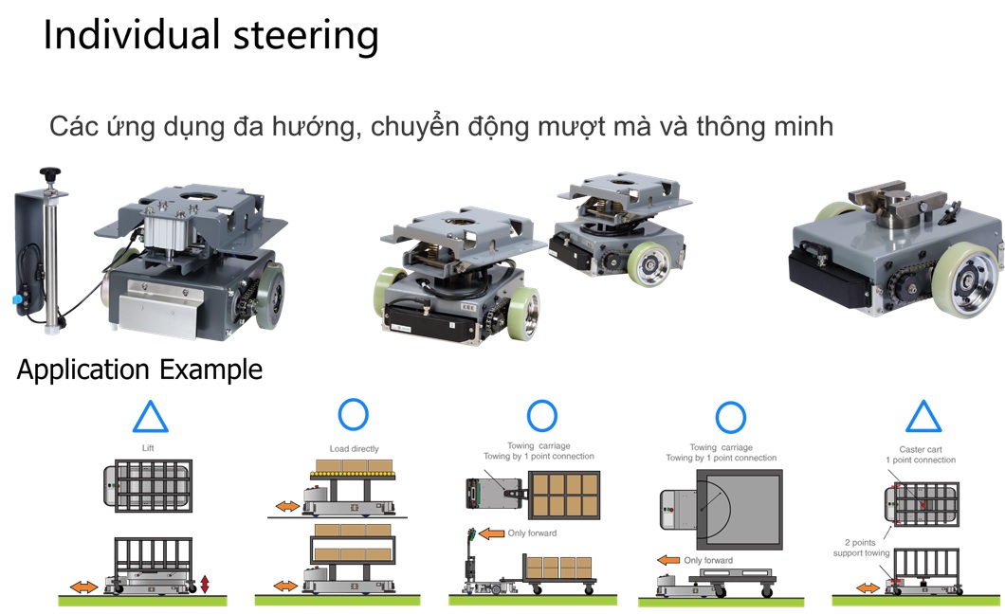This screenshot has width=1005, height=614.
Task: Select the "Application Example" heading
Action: tap(139, 369)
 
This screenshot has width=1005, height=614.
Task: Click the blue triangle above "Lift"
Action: tap(150, 417)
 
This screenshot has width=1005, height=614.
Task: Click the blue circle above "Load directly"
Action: tap(353, 414)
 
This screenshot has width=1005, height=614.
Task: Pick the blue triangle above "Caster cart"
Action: tap(923, 417)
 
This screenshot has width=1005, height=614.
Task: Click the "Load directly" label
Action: tap(353, 448)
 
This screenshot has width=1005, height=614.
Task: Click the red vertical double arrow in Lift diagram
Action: tap(205, 583)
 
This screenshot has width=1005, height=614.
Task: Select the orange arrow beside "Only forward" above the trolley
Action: tap(491, 533)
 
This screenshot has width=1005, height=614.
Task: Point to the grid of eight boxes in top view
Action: tap(567, 493)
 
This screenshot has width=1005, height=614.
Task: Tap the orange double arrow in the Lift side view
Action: tap(82, 587)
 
